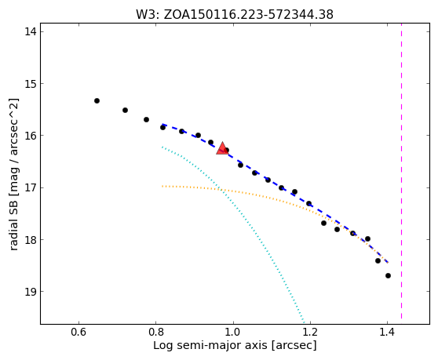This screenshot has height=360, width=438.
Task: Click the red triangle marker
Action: (x=222, y=148)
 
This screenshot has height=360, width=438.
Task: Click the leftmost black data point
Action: (x=97, y=100)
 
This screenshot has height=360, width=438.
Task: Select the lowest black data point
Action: (x=388, y=276)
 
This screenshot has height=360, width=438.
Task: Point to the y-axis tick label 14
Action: (x=31, y=31)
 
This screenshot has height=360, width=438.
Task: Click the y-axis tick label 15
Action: (x=31, y=83)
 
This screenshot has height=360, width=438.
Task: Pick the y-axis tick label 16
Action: (x=31, y=136)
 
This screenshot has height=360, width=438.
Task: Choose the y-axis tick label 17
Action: (x=31, y=187)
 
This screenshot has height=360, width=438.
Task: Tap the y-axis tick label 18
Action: (x=31, y=239)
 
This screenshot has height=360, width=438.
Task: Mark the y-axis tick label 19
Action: (x=31, y=291)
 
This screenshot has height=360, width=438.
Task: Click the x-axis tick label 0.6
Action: (x=78, y=332)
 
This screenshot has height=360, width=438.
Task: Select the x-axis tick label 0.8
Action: (x=156, y=332)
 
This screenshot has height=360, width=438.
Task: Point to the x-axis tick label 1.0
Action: (x=233, y=332)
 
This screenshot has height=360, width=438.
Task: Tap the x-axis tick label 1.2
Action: (x=310, y=332)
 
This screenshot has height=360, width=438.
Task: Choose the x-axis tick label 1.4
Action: (x=387, y=332)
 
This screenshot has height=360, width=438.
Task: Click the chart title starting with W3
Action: (x=235, y=15)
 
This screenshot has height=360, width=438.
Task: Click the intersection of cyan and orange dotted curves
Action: (x=223, y=191)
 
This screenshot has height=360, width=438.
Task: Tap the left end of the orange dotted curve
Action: (x=162, y=186)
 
